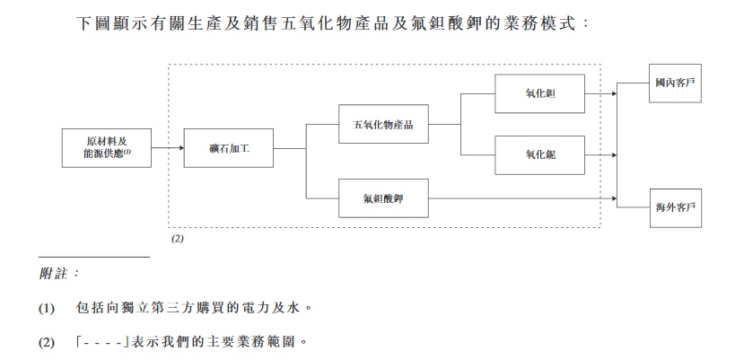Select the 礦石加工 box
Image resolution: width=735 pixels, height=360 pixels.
point(228,148)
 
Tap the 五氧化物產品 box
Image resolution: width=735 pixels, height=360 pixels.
point(383,125)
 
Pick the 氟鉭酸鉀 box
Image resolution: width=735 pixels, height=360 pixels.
point(383,198)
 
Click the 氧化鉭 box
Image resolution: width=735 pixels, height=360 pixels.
point(539,93)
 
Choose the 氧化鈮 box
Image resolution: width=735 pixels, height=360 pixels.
point(539,155)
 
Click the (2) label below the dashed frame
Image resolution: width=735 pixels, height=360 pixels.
point(178,240)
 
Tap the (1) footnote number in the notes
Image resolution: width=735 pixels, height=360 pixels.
point(47,308)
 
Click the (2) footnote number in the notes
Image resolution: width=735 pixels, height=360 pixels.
point(47,342)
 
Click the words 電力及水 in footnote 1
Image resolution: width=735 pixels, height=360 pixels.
point(273,308)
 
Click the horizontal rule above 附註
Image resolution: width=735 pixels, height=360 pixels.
point(94,257)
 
